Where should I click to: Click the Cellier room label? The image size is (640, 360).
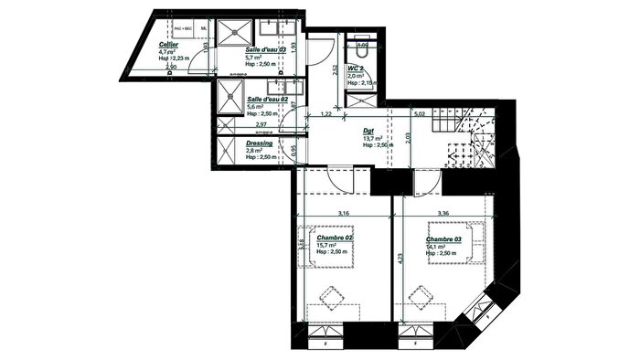(168, 44)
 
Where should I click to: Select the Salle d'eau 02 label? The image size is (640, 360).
(267, 98)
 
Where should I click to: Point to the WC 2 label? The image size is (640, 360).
(357, 68)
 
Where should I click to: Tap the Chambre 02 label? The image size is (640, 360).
(335, 238)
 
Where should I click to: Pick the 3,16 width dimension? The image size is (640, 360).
(345, 214)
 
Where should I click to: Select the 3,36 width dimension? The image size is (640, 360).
(443, 214)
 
